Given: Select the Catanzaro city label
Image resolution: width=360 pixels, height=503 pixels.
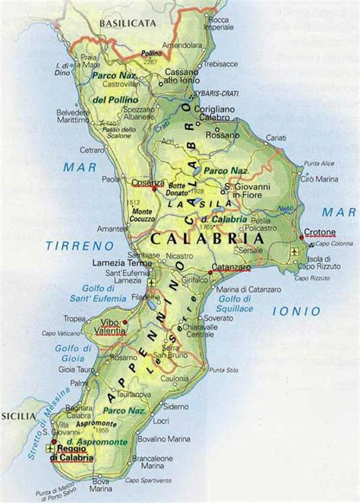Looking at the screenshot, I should (x=230, y=267).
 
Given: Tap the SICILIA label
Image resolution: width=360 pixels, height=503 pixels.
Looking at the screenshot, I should (x=18, y=416).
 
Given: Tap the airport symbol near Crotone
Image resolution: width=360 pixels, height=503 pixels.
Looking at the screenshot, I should (x=295, y=251).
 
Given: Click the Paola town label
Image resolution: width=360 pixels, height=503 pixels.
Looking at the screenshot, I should (x=112, y=180).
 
